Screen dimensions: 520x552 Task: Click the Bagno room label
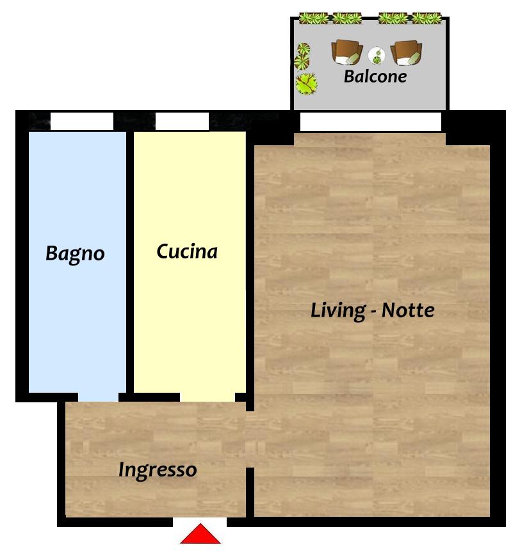pos(75,253)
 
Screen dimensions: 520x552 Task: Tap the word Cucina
pos(187,251)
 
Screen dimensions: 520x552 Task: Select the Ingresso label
pos(158,470)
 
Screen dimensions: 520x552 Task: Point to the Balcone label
pos(375,76)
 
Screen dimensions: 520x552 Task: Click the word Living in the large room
pos(338,311)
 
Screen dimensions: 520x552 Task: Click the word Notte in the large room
pos(408,310)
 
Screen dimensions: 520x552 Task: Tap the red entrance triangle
pos(200,533)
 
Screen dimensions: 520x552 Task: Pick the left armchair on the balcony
pos(347,52)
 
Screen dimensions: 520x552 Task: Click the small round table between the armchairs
pos(377,55)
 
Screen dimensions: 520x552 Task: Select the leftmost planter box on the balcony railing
pos(313,18)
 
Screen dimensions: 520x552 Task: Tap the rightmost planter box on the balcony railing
pos(427,18)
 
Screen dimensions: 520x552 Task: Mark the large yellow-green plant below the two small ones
pos(306,84)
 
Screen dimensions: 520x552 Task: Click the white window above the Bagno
pos(82,121)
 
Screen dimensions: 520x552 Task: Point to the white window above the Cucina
pos(182,121)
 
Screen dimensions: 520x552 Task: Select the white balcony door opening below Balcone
pos(371,122)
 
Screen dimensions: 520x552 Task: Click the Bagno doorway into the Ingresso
pos(98,397)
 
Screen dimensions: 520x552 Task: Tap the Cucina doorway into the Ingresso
pos(207,397)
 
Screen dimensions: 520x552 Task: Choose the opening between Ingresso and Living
pos(250,439)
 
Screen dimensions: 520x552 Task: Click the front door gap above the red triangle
pos(200,522)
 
